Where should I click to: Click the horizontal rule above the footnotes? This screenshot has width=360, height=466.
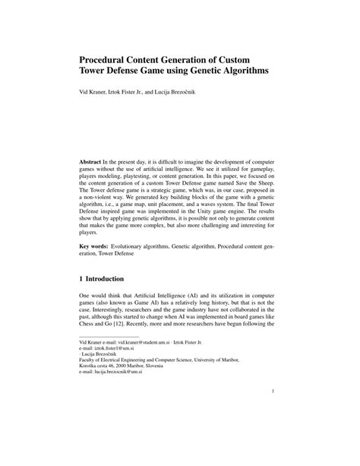[x=109, y=338]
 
